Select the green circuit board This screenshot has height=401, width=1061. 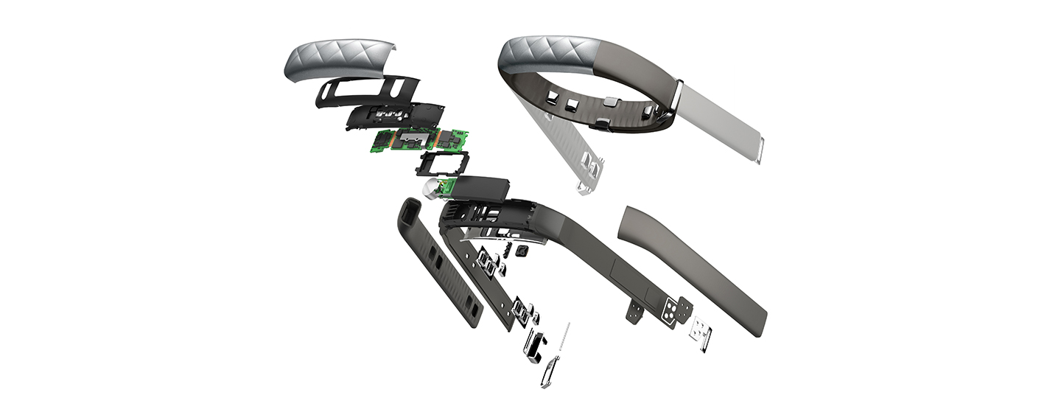(x=416, y=141)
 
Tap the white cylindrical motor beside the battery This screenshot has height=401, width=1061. (x=430, y=191)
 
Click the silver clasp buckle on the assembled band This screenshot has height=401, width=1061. (x=677, y=99)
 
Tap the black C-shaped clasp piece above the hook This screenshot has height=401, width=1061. (x=536, y=344)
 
